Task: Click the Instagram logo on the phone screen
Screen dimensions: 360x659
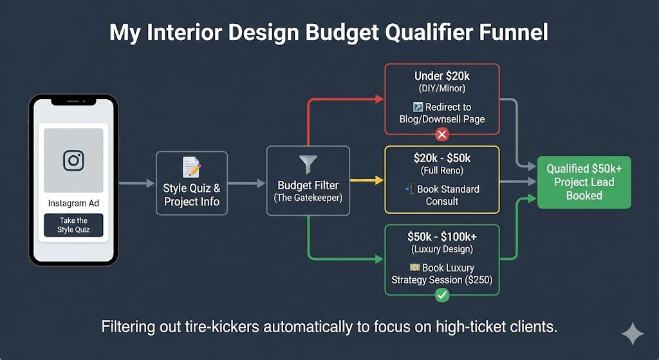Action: (x=73, y=160)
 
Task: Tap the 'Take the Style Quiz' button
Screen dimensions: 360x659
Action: (x=73, y=225)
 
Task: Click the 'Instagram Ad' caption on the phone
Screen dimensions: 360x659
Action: (x=73, y=204)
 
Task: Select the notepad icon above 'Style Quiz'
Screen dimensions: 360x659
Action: (x=191, y=167)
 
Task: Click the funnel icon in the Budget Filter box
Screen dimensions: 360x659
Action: (x=308, y=164)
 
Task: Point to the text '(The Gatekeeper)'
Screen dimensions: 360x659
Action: (x=308, y=198)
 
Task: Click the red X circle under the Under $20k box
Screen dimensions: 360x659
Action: (x=441, y=135)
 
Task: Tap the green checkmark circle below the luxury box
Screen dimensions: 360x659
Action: (x=441, y=295)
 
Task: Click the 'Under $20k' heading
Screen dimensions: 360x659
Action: (x=441, y=76)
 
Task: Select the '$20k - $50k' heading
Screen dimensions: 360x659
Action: (x=441, y=158)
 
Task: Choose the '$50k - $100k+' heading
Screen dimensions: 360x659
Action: (x=441, y=237)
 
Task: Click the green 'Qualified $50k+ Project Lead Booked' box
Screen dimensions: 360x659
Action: (x=584, y=182)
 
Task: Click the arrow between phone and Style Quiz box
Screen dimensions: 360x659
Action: (x=136, y=184)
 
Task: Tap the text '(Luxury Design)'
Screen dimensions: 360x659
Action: (x=441, y=250)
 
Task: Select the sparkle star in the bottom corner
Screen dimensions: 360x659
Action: (x=632, y=334)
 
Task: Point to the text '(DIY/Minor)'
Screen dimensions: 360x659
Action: (x=441, y=89)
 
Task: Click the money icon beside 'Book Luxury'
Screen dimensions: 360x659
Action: (x=415, y=267)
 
